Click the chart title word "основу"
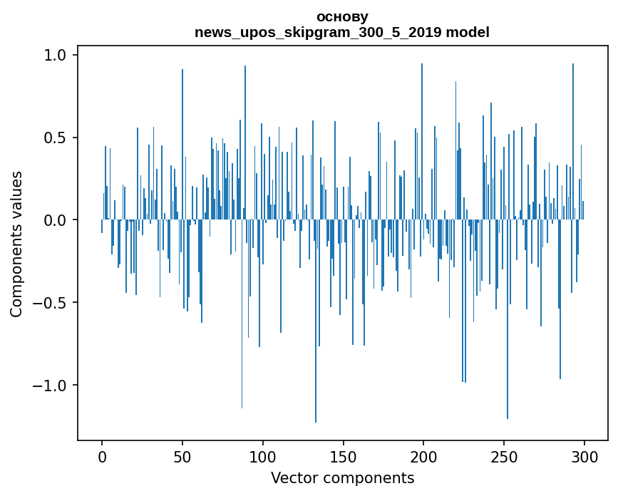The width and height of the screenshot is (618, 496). pos(342,16)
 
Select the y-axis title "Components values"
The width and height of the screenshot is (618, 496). pos(16,244)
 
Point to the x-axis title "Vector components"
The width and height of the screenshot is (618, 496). pos(342,477)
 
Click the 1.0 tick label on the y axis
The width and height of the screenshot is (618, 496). pos(55,55)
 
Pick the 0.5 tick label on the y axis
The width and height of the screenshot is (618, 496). pos(55,138)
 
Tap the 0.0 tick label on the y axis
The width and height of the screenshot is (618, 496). pos(55,220)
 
